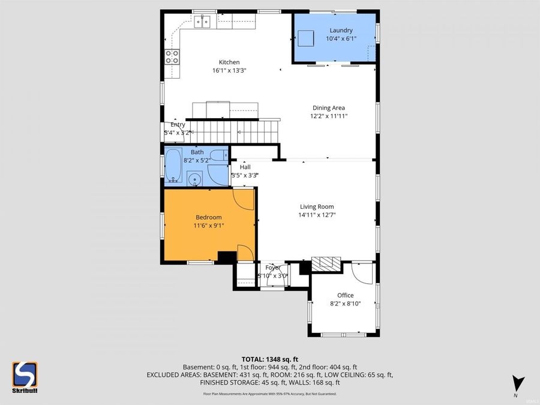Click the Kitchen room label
pos(229,62)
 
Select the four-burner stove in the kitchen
pos(172,56)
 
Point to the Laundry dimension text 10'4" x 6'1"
pos(341,38)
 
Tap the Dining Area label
pos(328,108)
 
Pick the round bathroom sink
pos(194,178)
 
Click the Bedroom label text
pos(209,217)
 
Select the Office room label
pos(345,295)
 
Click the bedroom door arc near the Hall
pos(244,198)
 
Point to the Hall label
pos(245,167)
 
